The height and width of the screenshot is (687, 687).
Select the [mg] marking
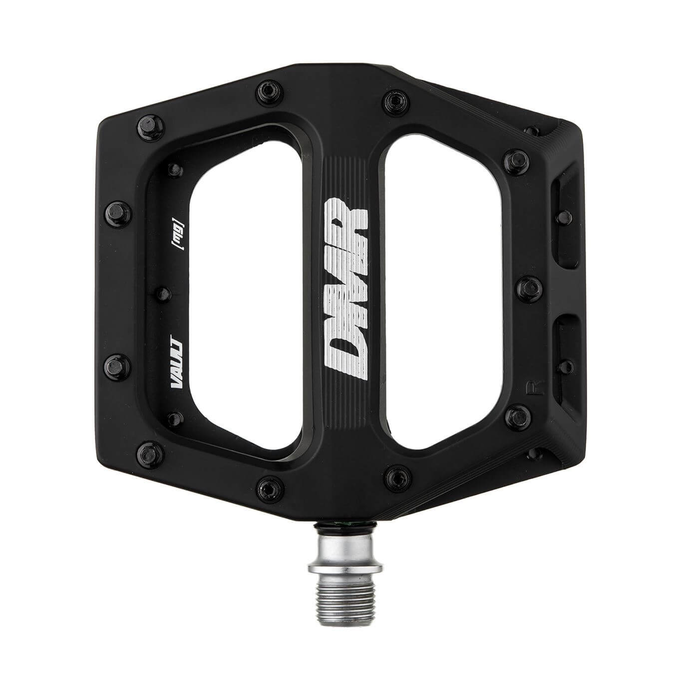pyautogui.click(x=177, y=234)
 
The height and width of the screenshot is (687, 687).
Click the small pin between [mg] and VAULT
pyautogui.click(x=164, y=294)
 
